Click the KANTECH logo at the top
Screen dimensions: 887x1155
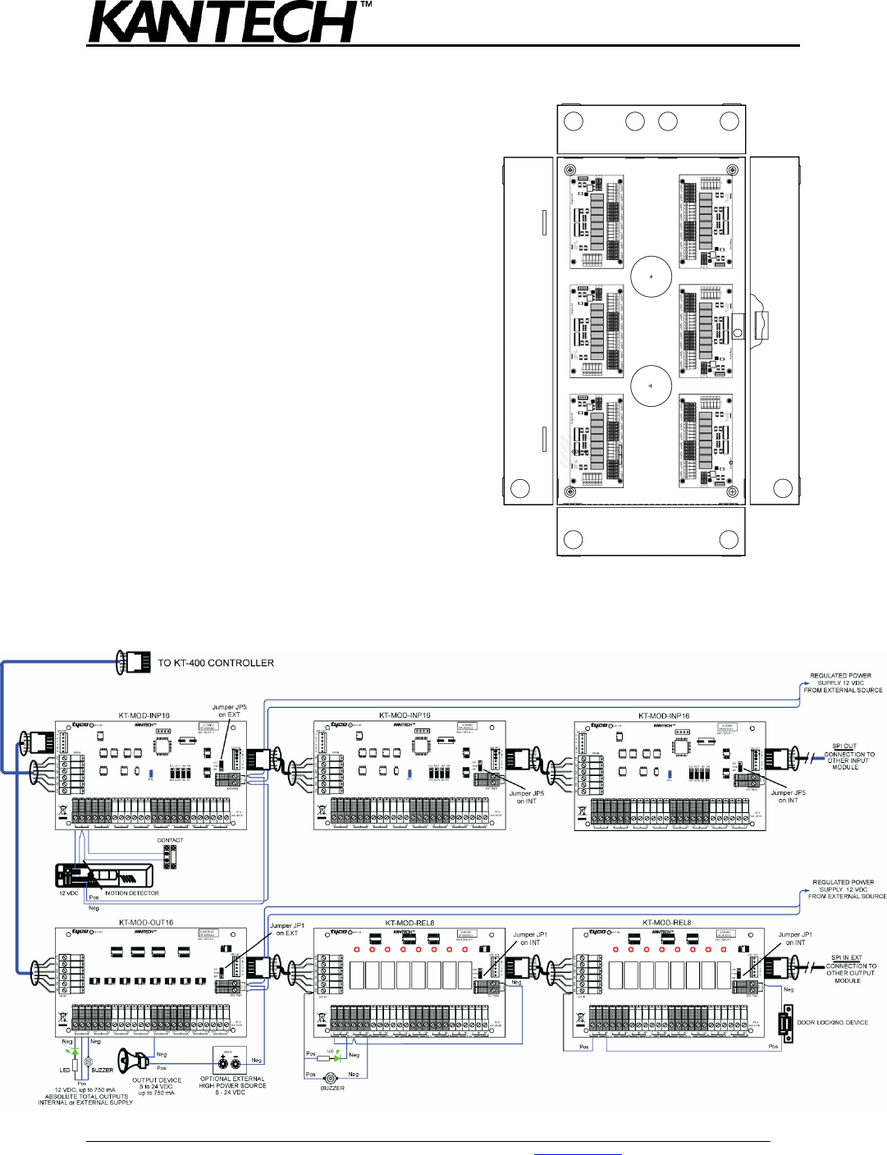point(222,23)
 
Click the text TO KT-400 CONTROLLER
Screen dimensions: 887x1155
point(216,663)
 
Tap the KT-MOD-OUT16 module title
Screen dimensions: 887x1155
point(146,922)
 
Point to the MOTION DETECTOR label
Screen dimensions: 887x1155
point(132,893)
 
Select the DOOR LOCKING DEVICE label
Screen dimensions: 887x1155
point(832,1023)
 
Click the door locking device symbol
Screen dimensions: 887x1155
point(787,1025)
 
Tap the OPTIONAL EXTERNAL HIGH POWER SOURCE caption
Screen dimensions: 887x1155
point(232,1085)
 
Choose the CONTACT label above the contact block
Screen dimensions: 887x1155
point(170,840)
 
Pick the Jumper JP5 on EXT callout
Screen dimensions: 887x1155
point(229,710)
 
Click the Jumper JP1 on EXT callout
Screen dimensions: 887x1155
point(287,929)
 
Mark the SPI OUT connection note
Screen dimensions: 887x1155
point(848,756)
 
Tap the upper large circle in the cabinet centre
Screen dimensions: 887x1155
point(652,276)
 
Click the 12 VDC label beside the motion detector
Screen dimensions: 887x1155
point(68,893)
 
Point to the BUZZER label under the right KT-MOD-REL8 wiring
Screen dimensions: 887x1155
point(332,1088)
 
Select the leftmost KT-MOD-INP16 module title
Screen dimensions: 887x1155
point(144,715)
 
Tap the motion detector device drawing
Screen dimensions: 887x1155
point(104,875)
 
